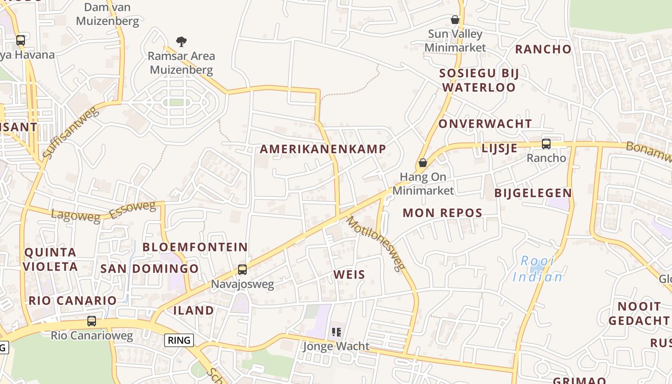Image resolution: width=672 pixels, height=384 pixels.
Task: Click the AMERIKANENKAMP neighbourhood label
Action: pos(323,149)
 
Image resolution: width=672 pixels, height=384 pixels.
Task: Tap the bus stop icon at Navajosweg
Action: pos(242,270)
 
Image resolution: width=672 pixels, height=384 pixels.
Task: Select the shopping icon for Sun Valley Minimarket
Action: pos(455,20)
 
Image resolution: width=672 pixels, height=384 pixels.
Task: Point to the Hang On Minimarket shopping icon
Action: pos(423,163)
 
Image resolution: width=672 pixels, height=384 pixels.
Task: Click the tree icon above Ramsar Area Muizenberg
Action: pos(181,42)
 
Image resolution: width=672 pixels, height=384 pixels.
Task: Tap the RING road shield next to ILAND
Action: pos(179,340)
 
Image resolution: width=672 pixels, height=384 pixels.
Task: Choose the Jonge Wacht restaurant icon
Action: pos(336,332)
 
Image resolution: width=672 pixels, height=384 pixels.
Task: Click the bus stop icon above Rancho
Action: pos(546,144)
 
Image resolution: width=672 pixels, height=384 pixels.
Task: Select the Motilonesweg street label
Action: pos(376,244)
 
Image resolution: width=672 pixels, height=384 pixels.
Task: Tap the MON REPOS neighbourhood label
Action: pos(442,213)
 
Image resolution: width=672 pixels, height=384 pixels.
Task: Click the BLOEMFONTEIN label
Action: pos(195,247)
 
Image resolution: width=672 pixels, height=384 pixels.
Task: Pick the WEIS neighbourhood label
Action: pos(349,275)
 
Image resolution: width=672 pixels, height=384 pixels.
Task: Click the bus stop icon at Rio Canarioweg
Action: pos(91,321)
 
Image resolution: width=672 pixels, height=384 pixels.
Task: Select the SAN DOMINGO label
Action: pos(149,268)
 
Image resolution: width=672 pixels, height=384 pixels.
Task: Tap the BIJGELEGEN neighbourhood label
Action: pos(533,193)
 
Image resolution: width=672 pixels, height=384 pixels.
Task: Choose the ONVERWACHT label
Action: pos(485,124)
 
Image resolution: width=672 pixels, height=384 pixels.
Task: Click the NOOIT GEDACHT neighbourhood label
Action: pos(638,313)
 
